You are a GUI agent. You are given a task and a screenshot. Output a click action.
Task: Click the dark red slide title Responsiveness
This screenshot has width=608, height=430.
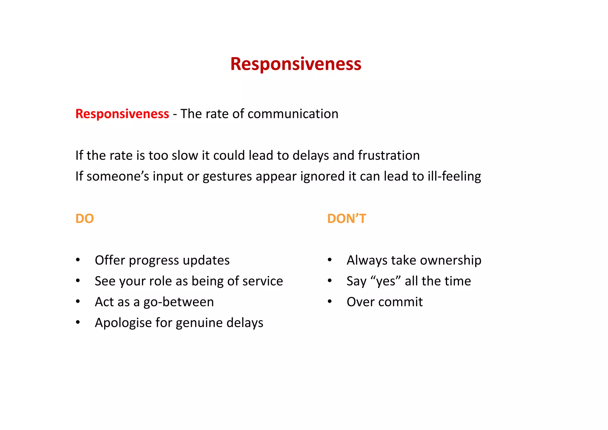(296, 64)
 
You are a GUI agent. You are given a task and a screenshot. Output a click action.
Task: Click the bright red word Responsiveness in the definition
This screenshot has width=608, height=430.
(122, 114)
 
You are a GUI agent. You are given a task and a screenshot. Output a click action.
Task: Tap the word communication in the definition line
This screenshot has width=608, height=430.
(293, 114)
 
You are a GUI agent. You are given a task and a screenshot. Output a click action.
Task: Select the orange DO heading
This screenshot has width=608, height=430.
(85, 219)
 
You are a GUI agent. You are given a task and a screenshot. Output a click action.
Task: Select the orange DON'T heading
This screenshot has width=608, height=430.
(346, 219)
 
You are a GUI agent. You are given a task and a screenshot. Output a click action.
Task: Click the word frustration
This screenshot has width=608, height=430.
(389, 155)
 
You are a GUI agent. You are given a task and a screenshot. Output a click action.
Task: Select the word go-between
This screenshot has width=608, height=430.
(178, 302)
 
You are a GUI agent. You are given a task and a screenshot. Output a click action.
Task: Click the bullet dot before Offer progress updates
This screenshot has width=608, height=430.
(78, 260)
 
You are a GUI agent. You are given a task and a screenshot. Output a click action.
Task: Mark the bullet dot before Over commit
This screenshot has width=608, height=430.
(330, 302)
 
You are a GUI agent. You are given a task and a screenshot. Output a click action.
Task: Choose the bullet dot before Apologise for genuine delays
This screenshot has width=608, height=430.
(78, 322)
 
